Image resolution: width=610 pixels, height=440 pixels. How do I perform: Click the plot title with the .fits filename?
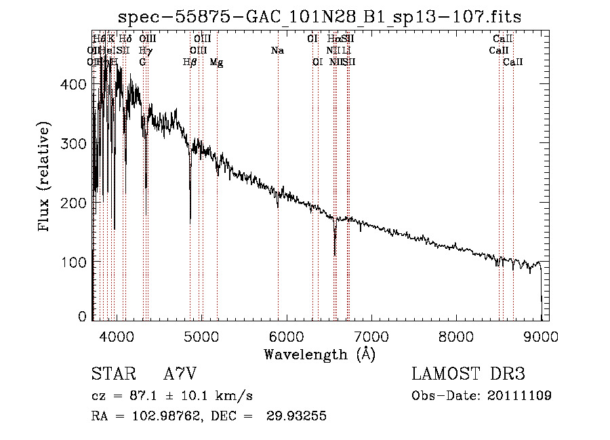pos(320,17)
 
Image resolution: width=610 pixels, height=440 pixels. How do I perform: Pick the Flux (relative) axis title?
pos(45,178)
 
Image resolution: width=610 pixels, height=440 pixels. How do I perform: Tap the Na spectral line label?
pos(277,51)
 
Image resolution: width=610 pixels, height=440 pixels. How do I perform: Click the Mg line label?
pos(216,62)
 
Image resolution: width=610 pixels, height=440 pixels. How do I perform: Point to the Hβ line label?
pos(190,62)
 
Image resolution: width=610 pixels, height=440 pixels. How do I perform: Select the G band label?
pos(142,62)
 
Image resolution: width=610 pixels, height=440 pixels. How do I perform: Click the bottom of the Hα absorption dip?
pos(335,254)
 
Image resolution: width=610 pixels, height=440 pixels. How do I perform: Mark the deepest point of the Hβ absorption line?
pos(190,221)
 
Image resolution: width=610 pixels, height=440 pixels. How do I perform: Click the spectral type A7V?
pos(180,375)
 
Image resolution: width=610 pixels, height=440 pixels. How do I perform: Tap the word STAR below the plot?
pos(110,375)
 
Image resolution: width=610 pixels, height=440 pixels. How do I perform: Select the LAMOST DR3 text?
pos(468,375)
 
